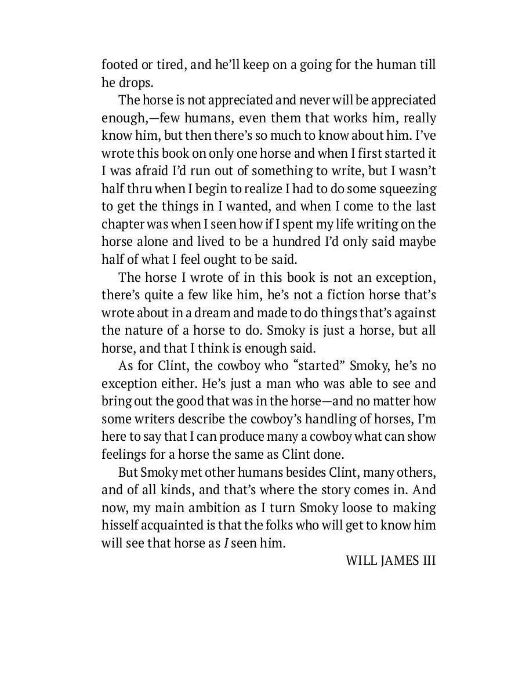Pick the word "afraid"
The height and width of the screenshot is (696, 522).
click(x=157, y=171)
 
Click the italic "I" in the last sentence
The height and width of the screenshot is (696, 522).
click(x=226, y=543)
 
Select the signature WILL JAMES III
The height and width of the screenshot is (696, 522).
click(x=390, y=561)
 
